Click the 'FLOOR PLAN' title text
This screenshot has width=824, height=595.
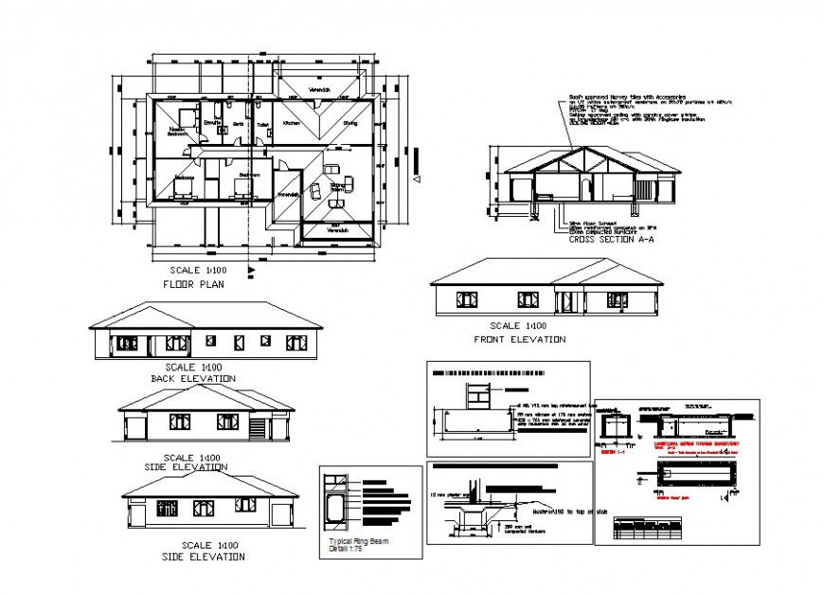(x=193, y=283)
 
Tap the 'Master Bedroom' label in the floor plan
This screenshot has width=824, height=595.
(x=177, y=132)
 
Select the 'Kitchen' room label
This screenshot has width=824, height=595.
(x=292, y=123)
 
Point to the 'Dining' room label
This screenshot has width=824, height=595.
(x=350, y=123)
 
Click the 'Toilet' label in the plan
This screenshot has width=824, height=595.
(x=262, y=124)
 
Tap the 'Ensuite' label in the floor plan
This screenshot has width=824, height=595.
(x=212, y=123)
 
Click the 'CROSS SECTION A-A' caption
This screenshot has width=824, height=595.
(x=611, y=240)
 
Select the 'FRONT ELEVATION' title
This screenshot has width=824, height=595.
(x=519, y=339)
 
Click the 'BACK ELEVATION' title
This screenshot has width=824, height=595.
(x=193, y=378)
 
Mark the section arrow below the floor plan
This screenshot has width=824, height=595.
(x=250, y=272)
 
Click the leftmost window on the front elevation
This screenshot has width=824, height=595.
(x=466, y=299)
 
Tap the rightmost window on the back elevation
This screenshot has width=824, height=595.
(x=296, y=342)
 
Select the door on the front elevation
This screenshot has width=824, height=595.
(x=566, y=302)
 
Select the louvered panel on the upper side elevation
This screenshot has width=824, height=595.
(x=257, y=428)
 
